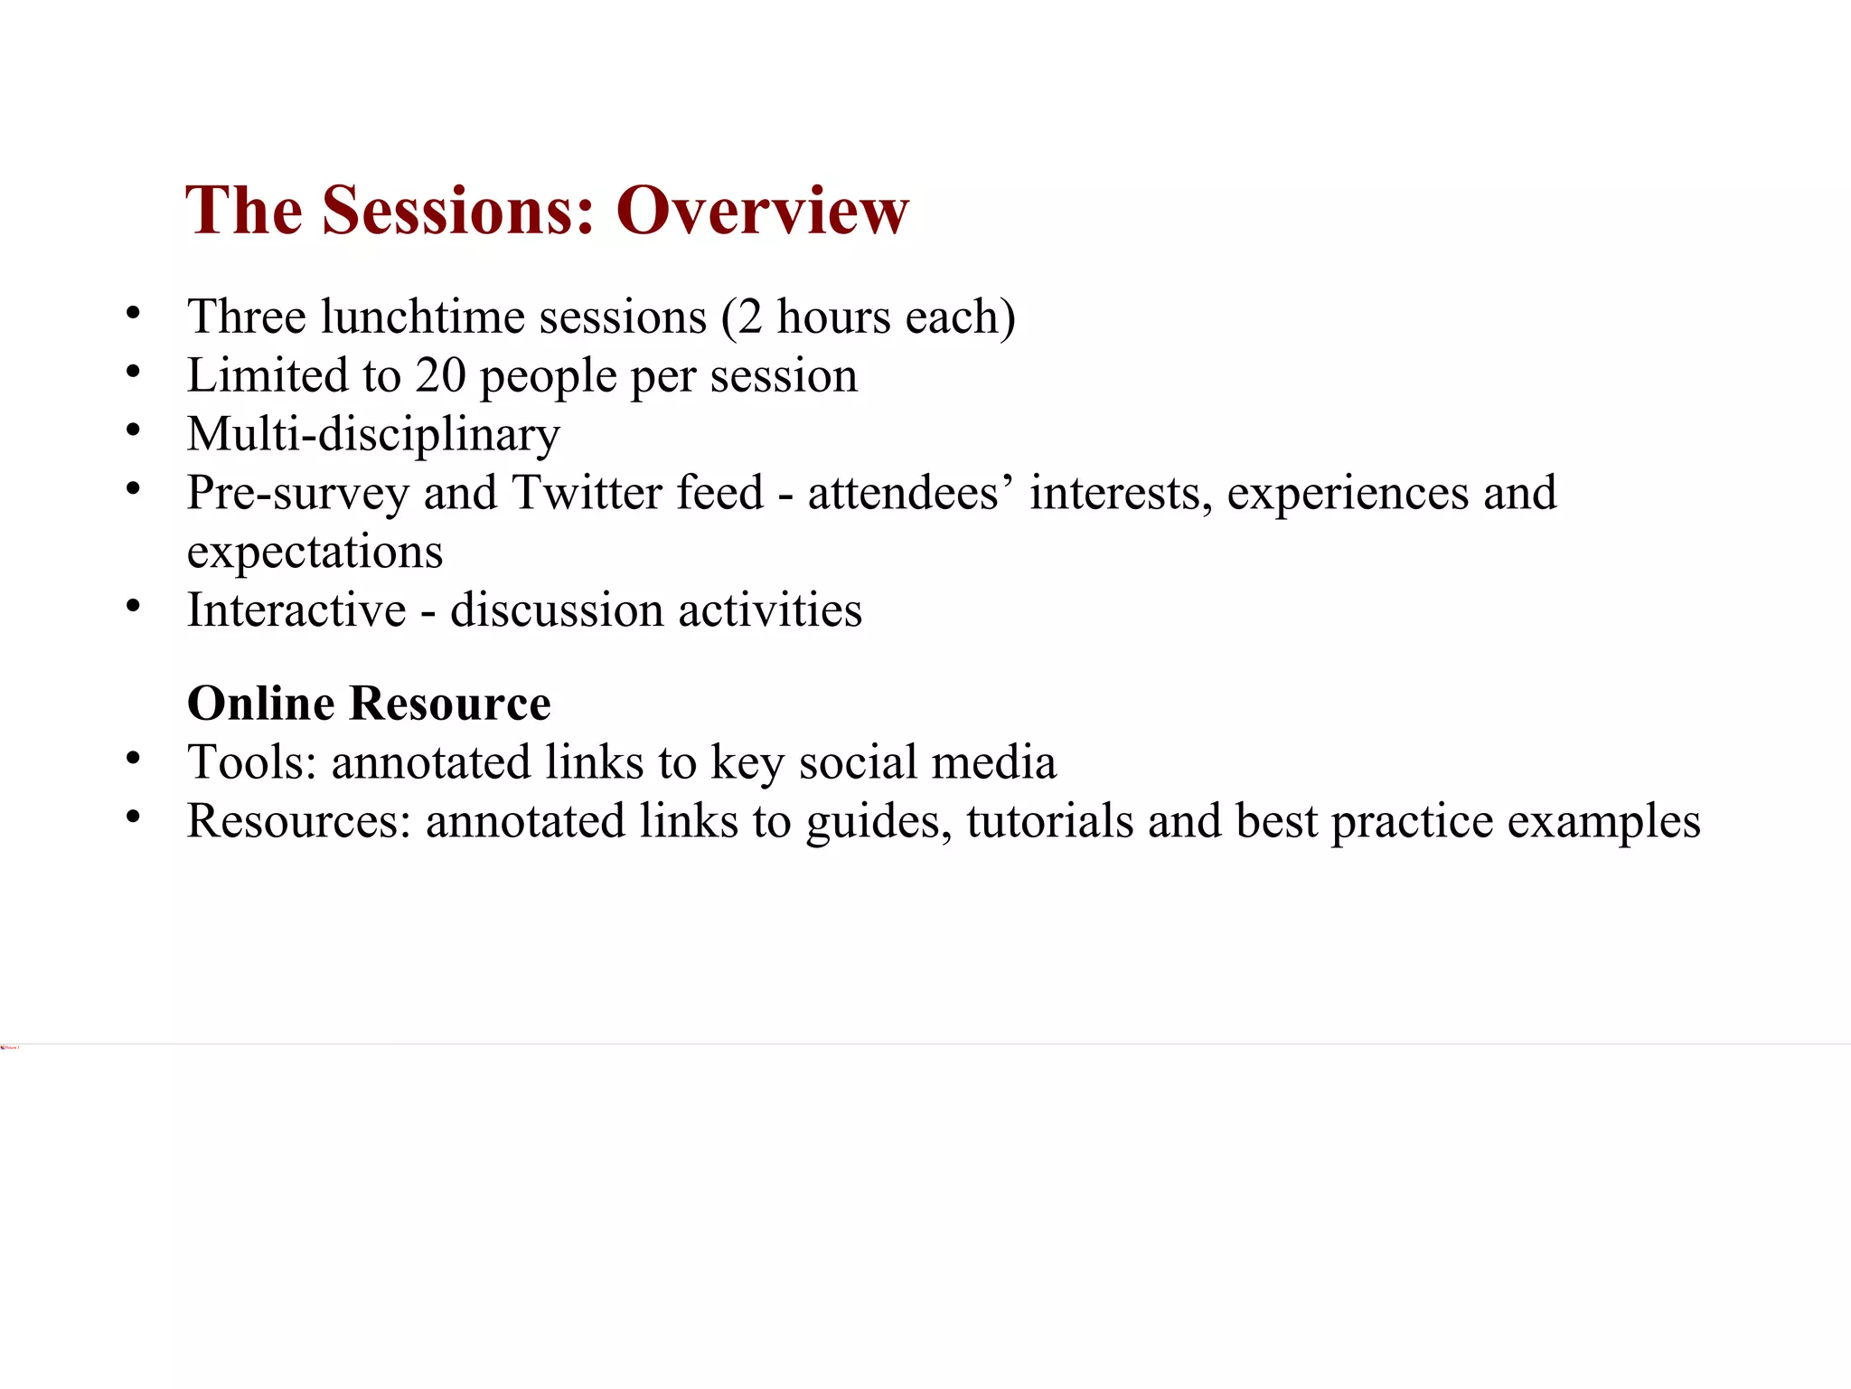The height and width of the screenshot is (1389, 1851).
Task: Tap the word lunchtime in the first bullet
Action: [x=423, y=317]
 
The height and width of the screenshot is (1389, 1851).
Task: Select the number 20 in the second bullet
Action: [x=440, y=375]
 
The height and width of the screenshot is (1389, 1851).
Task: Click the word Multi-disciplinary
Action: [x=373, y=435]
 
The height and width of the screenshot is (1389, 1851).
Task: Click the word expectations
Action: [x=315, y=552]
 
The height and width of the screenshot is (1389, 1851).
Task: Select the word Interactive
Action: [x=296, y=610]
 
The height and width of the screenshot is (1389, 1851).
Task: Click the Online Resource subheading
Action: [x=369, y=704]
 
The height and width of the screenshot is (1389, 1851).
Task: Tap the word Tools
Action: [x=251, y=762]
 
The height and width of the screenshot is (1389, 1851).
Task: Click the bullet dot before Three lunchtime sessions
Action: [x=134, y=314]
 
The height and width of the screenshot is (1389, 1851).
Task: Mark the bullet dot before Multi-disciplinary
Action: [x=134, y=430]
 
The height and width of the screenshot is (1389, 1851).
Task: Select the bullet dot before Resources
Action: [x=134, y=817]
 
